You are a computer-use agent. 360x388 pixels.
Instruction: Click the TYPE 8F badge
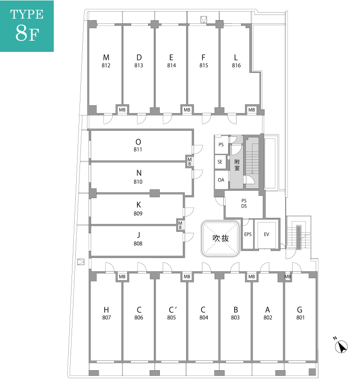point(27,26)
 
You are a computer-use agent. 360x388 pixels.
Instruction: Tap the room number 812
point(106,65)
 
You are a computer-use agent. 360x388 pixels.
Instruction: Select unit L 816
point(236,68)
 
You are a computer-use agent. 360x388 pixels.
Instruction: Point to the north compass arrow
point(341,346)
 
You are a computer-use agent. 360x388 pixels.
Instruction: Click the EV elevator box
point(266,234)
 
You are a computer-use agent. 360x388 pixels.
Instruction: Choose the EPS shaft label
point(248,234)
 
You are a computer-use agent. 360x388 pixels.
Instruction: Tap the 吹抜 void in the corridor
point(221,238)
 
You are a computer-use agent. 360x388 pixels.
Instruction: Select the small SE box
point(220,162)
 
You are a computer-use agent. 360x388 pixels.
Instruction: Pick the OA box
point(221,180)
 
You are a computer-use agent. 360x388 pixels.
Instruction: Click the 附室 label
point(237,165)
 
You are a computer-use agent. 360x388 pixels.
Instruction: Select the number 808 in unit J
point(138,244)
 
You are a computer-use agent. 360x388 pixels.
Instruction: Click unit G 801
point(300,317)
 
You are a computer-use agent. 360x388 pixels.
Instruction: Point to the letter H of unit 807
point(106,309)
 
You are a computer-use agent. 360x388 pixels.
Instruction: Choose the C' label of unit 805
point(173,309)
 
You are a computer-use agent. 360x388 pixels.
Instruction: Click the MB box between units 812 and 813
point(122,109)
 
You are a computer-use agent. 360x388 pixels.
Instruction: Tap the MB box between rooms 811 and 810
point(189,162)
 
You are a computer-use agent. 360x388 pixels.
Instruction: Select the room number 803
point(235,317)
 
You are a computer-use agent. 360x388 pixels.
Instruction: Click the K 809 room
point(137,209)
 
